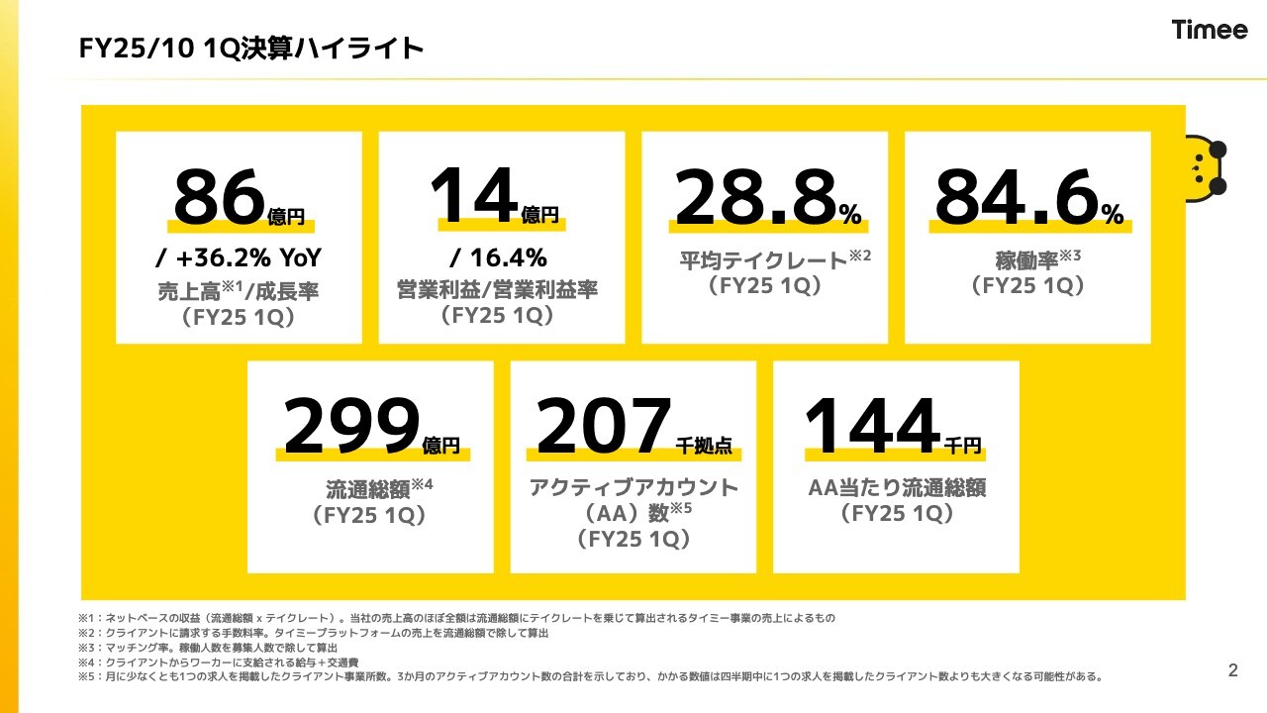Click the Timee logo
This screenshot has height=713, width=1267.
click(x=1210, y=30)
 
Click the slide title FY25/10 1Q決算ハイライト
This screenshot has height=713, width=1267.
click(x=251, y=49)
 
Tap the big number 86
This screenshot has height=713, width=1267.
click(x=219, y=198)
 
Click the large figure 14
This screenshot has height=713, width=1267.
click(x=474, y=198)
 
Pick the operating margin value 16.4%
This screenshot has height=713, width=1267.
click(x=499, y=258)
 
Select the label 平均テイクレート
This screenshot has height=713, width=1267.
click(x=761, y=261)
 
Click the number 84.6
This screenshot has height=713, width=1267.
click(x=1016, y=198)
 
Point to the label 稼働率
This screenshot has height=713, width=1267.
click(x=1025, y=261)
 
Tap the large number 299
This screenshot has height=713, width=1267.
click(x=347, y=427)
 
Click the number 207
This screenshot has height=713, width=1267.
click(x=603, y=427)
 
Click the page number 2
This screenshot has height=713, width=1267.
click(x=1232, y=670)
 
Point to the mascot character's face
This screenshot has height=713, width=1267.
click(x=1204, y=168)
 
